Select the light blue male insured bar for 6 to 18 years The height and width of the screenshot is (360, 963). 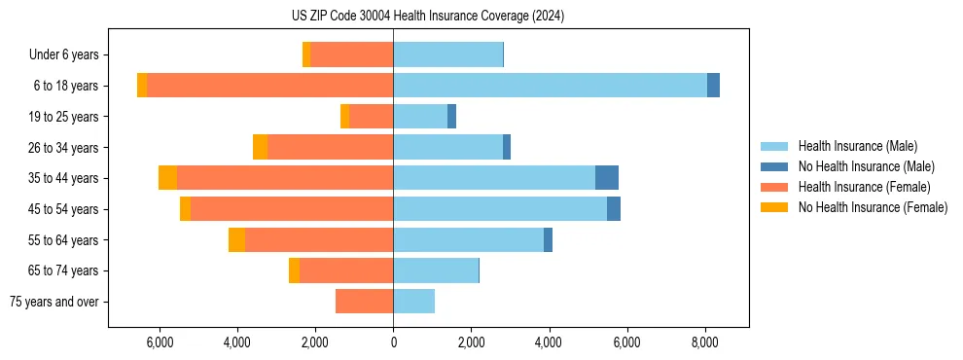click(550, 86)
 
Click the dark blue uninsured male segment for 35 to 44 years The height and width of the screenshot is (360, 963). click(607, 178)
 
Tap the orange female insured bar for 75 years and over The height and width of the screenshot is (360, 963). click(364, 302)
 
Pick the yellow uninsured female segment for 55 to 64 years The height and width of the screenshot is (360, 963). click(236, 240)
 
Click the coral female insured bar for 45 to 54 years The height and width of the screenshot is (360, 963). click(292, 209)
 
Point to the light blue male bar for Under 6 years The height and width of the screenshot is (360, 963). click(447, 54)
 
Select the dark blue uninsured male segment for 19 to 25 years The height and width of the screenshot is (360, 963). click(451, 117)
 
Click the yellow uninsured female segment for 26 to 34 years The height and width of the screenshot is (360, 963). click(260, 147)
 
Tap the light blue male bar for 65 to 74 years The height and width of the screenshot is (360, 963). click(436, 270)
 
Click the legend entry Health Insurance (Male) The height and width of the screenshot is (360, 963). click(857, 146)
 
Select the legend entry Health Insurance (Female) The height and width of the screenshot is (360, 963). click(865, 187)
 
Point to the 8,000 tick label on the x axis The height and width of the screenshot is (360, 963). click(704, 342)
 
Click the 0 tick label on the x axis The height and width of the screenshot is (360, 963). click(393, 342)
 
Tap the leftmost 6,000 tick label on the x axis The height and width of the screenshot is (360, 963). click(160, 342)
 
